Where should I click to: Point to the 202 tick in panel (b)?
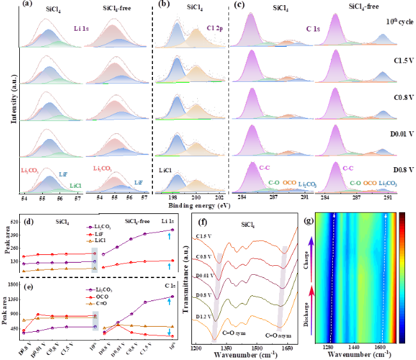pyautogui.click(x=219, y=198)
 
